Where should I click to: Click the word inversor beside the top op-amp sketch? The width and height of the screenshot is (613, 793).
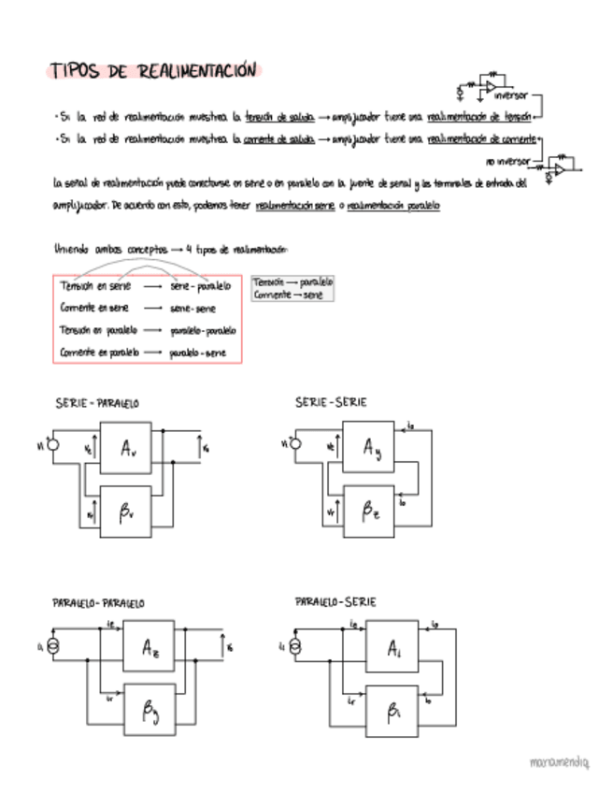[x=510, y=95]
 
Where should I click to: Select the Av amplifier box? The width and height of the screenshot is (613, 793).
[x=129, y=449]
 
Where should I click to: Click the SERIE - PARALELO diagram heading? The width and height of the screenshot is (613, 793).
[x=98, y=403]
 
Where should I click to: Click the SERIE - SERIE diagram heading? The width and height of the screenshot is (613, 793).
[x=331, y=402]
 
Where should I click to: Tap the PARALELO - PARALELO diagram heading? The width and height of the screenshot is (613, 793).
[x=98, y=603]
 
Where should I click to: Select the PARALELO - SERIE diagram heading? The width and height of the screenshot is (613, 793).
[x=335, y=600]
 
